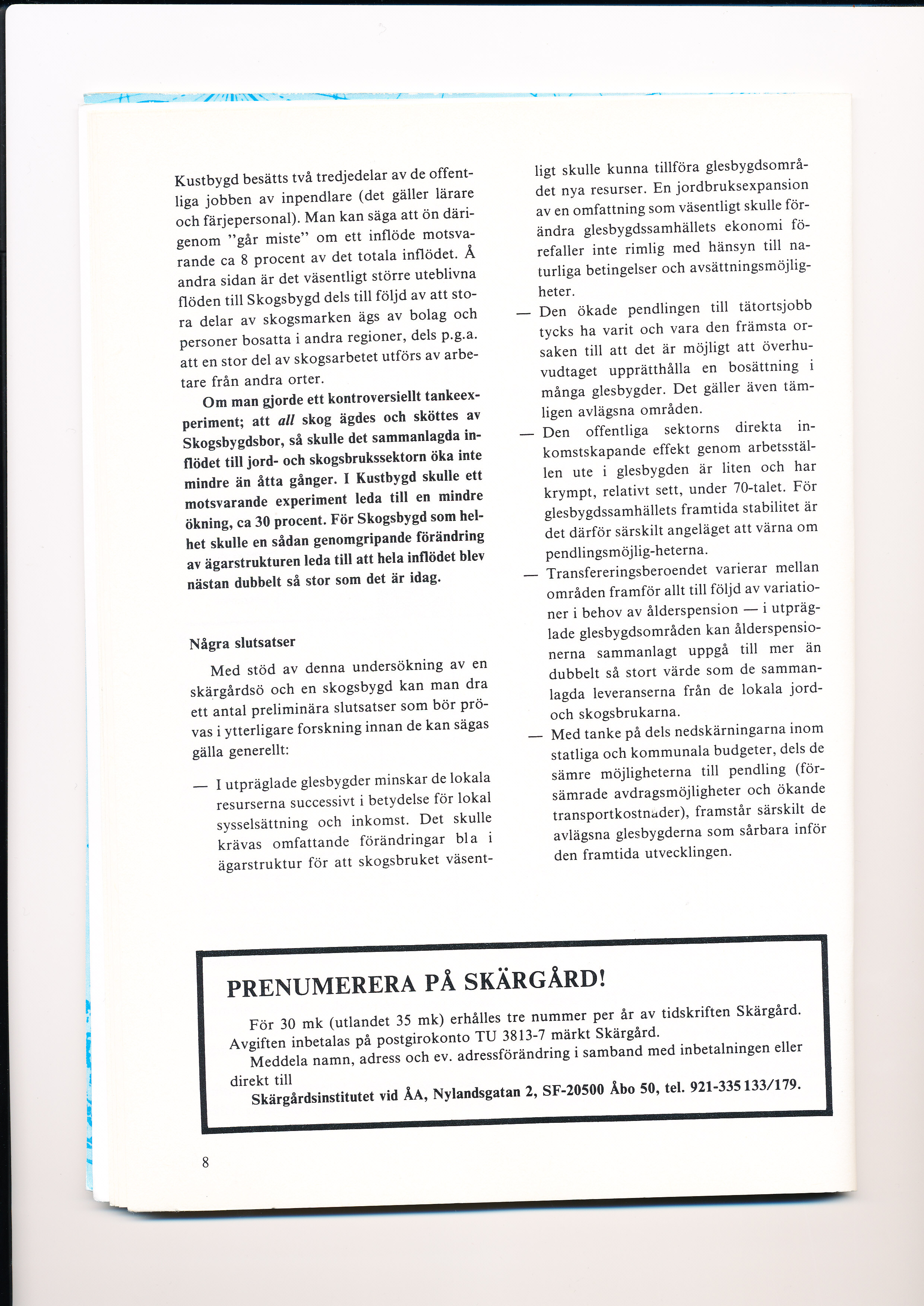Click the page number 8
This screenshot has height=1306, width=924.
(x=205, y=1162)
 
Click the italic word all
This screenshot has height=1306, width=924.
(x=286, y=421)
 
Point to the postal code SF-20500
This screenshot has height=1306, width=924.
(x=573, y=1090)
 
